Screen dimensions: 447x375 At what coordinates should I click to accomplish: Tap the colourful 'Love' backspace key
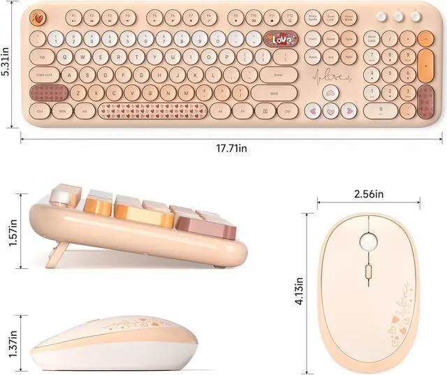click(280, 40)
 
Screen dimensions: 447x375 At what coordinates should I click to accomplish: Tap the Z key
click(78, 91)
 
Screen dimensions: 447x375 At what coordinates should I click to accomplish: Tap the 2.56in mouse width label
click(369, 193)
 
